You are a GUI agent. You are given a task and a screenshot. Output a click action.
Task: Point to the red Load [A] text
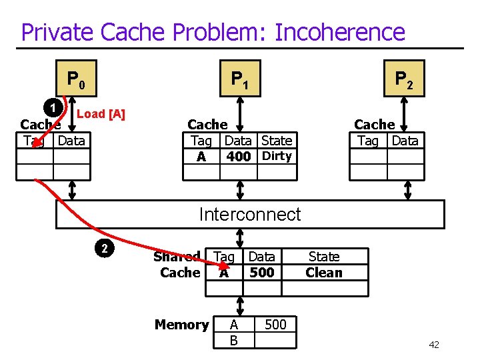click(101, 114)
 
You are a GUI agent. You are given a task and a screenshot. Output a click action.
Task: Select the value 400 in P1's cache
click(238, 157)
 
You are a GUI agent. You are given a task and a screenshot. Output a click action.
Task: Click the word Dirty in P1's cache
click(277, 156)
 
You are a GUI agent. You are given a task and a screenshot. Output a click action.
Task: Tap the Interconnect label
click(250, 214)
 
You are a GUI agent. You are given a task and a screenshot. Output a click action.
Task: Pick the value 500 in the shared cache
click(261, 272)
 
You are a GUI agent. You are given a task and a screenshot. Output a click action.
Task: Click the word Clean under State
click(323, 272)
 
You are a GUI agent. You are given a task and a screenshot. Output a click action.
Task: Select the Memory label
click(181, 325)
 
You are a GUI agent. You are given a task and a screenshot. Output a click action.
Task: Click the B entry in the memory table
click(233, 341)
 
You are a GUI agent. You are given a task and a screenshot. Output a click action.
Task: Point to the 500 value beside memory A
click(275, 325)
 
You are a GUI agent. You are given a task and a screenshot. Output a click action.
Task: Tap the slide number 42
click(433, 345)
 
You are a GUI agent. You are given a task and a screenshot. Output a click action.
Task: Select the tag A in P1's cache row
click(201, 157)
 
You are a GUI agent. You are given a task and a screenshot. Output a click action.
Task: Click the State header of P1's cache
click(277, 141)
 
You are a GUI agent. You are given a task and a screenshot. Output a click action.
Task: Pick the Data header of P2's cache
click(405, 141)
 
